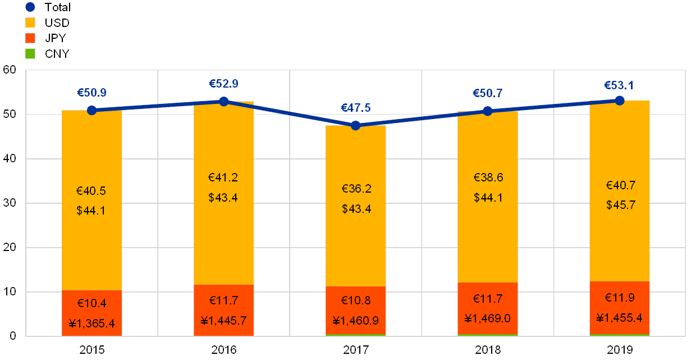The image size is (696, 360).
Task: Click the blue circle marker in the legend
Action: pyautogui.click(x=30, y=7)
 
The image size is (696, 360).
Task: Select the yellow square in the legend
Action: pyautogui.click(x=30, y=23)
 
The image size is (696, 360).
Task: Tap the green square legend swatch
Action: pyautogui.click(x=30, y=54)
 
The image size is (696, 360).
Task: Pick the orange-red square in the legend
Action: pyautogui.click(x=30, y=38)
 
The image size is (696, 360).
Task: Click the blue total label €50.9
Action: pyautogui.click(x=91, y=93)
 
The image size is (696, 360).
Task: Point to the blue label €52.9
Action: pyautogui.click(x=223, y=84)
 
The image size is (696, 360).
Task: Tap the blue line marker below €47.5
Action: pyautogui.click(x=355, y=125)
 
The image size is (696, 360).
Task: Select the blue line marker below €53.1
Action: pyautogui.click(x=620, y=101)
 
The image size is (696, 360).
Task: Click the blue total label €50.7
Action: pyautogui.click(x=487, y=93)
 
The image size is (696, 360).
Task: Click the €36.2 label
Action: pyautogui.click(x=356, y=189)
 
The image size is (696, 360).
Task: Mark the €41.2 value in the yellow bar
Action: pyautogui.click(x=223, y=178)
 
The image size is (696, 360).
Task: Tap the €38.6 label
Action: pyautogui.click(x=488, y=178)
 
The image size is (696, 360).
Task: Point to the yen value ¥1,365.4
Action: pyautogui.click(x=91, y=323)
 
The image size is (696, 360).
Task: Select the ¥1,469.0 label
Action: pyautogui.click(x=487, y=319)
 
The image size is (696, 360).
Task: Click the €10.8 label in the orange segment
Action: pyautogui.click(x=356, y=300)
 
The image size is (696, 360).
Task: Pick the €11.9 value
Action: pyautogui.click(x=620, y=298)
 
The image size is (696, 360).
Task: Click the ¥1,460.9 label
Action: pyautogui.click(x=356, y=321)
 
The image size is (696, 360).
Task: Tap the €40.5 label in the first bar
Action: pyautogui.click(x=91, y=191)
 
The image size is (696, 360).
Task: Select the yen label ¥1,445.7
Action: pyautogui.click(x=223, y=321)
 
